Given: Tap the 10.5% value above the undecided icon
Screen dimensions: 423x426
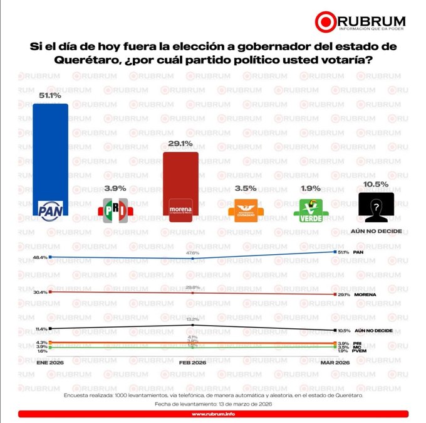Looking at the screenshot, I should [x=376, y=185].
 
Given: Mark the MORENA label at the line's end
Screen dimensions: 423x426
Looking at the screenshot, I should [x=366, y=295].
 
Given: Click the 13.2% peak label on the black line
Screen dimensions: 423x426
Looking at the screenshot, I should [x=193, y=319].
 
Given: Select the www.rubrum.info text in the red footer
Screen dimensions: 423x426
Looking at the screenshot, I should [x=213, y=414].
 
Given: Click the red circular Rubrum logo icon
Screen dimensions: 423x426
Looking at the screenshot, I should [x=326, y=21].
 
